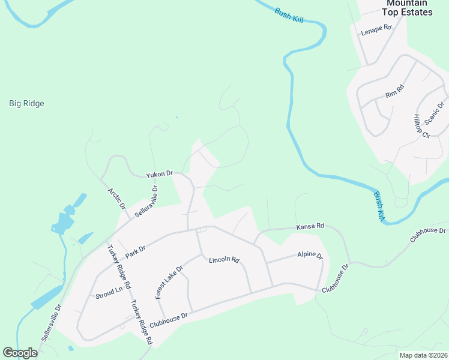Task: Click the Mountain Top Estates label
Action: pos(408,8)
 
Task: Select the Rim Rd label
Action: pos(395,91)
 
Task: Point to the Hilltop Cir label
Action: pos(422,126)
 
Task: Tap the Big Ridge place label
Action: pos(26,103)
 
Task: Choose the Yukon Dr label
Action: pos(159,175)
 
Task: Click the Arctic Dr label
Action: pos(116,199)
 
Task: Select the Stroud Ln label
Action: pos(109,293)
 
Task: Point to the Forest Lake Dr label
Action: pos(168,282)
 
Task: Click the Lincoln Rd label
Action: pos(224,260)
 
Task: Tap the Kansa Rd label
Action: pos(310,227)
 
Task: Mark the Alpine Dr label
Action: pos(310,256)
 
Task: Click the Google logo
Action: pos(20,353)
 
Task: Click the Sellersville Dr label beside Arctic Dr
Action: pos(146,201)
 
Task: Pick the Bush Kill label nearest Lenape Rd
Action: pos(289,15)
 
